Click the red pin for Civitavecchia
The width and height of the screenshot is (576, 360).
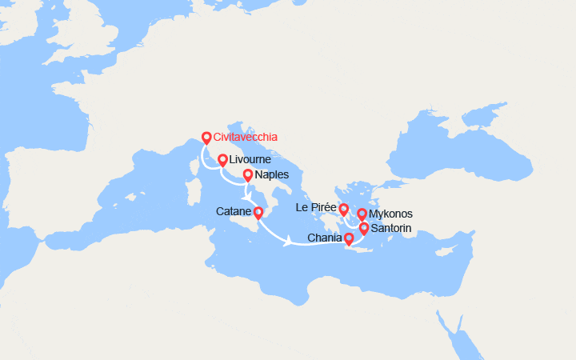[206, 137]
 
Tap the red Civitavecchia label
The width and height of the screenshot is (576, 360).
[246, 137]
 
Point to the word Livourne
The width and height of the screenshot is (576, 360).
[250, 160]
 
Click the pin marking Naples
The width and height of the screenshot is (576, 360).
[247, 175]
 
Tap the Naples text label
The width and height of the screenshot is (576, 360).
[271, 175]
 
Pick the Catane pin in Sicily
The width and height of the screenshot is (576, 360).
[258, 212]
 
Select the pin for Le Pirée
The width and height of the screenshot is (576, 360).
[344, 210]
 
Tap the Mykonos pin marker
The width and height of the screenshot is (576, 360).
[362, 214]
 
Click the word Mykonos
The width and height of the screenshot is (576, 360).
[391, 214]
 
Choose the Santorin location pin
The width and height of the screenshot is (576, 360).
[364, 229]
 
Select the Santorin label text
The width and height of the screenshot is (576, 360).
[392, 229]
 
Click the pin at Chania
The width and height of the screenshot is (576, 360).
[349, 238]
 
